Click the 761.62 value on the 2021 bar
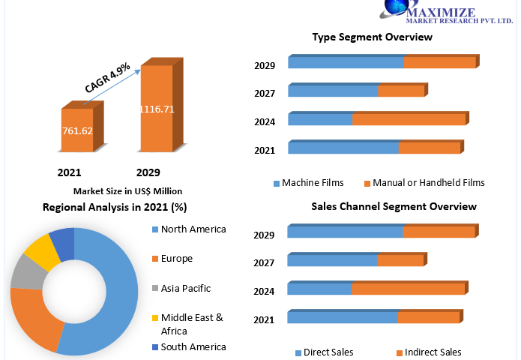point(77,130)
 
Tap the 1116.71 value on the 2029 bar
point(157,109)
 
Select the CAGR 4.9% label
point(108,77)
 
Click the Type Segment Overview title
point(372,37)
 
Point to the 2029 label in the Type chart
point(265,66)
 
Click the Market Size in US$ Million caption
point(127,191)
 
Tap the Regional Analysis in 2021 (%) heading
point(115,207)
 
